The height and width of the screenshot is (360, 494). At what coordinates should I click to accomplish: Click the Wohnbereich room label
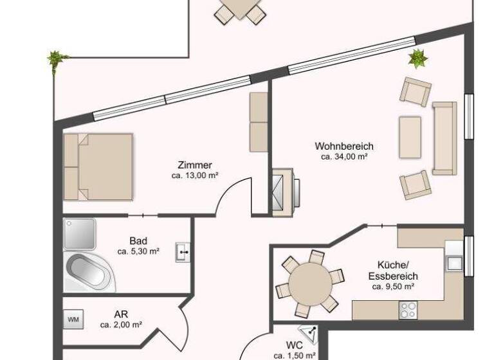(x=343, y=146)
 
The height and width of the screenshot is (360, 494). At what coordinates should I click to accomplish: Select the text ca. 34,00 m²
(x=343, y=156)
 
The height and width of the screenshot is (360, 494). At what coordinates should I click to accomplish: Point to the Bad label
(x=138, y=241)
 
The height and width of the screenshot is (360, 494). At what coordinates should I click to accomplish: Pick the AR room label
(x=120, y=314)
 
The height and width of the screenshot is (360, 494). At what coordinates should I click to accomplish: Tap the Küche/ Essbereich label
(x=392, y=270)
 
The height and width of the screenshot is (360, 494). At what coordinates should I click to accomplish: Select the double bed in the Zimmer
(x=99, y=167)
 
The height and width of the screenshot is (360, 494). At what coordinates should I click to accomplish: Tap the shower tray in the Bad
(x=80, y=233)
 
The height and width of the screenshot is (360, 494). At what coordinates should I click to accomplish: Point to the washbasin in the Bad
(x=183, y=253)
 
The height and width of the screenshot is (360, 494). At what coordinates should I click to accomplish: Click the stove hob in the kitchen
(x=408, y=310)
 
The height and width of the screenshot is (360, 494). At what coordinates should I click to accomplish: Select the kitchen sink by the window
(x=454, y=263)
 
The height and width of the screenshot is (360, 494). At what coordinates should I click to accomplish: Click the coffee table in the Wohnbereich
(x=410, y=136)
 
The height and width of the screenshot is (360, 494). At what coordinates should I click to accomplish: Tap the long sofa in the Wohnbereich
(x=444, y=138)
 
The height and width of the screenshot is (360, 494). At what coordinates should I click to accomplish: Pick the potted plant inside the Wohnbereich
(x=418, y=59)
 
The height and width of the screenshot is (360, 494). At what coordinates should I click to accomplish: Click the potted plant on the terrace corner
(x=57, y=60)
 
